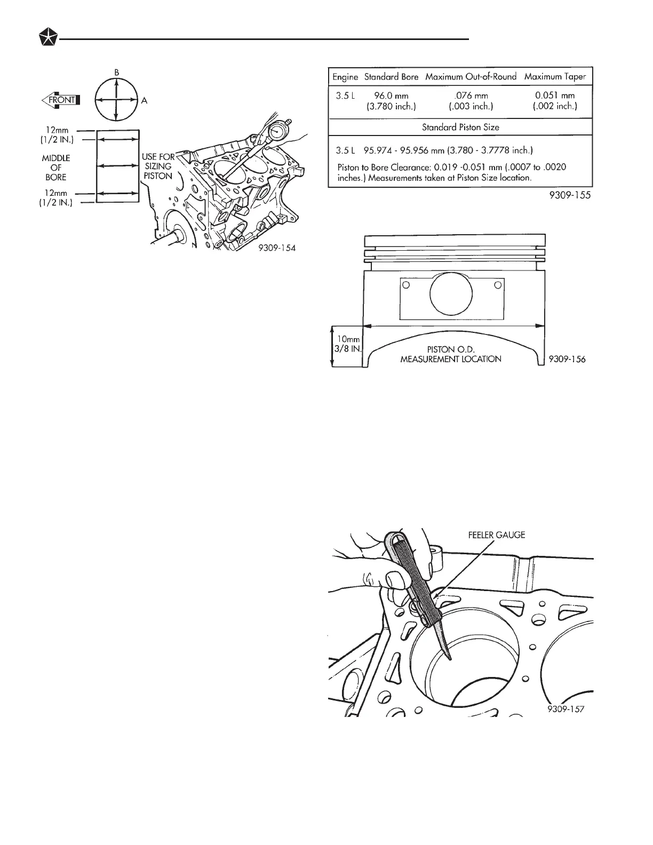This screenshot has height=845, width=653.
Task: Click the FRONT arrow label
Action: coord(60,100)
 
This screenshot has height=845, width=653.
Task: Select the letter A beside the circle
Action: coord(144,100)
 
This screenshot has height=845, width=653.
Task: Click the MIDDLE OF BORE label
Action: coord(56,167)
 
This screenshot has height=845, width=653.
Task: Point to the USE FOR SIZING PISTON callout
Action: coord(158,166)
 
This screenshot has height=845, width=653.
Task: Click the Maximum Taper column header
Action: coord(555,77)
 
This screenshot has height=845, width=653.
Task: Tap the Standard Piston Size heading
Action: coord(460,127)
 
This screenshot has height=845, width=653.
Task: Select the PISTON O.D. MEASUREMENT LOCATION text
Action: coord(451,354)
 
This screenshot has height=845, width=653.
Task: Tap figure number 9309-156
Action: coord(566,360)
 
